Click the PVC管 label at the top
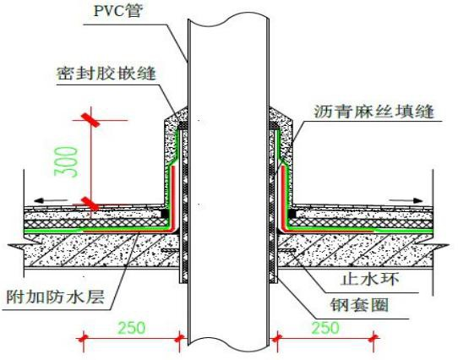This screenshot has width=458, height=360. coord(118,11)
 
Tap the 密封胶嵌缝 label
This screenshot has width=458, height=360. coord(106,74)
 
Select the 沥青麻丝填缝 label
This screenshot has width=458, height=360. coord(374,112)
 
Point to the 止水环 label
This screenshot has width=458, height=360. coord(370,280)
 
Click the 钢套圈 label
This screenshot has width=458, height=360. coord(360,305)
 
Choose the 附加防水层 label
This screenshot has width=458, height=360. coord(56,297)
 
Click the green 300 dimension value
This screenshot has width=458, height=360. coord(66,161)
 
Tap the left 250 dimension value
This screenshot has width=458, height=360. coord(131,328)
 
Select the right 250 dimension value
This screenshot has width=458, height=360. coord(325,328)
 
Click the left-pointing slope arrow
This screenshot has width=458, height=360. coord(51,201)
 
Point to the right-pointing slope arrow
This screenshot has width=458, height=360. coord(406,200)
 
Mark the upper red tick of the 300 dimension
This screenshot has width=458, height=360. coord(91,120)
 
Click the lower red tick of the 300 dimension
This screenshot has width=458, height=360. coord(90,204)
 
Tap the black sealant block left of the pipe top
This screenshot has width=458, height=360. coord(183,126)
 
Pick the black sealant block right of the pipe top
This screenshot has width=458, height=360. coord(274,126)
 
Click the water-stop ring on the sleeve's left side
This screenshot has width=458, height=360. coord(170,250)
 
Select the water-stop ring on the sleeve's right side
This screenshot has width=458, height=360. coord(286,250)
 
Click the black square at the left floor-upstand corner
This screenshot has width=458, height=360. coord(165,214)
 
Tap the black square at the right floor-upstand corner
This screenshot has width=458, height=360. coord(292,214)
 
